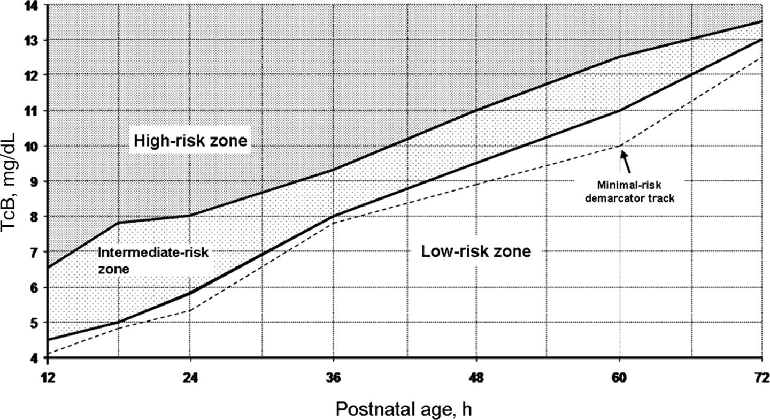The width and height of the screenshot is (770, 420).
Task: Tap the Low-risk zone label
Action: pyautogui.click(x=476, y=251)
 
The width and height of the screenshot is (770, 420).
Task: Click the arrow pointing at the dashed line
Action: pyautogui.click(x=627, y=159)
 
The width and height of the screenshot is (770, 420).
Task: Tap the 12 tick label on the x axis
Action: pyautogui.click(x=47, y=376)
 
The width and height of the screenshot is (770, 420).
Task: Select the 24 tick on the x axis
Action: pyautogui.click(x=190, y=376)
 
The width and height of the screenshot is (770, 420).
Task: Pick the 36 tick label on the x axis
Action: pyautogui.click(x=333, y=376)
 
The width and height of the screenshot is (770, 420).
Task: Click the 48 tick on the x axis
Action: pyautogui.click(x=476, y=376)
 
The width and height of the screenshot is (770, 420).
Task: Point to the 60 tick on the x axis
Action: pyautogui.click(x=619, y=376)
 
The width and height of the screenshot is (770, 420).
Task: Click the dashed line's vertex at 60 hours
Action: pyautogui.click(x=619, y=145)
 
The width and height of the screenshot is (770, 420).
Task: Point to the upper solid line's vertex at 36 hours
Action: pyautogui.click(x=333, y=170)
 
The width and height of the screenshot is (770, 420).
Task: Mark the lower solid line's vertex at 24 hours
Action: pyautogui.click(x=190, y=293)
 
